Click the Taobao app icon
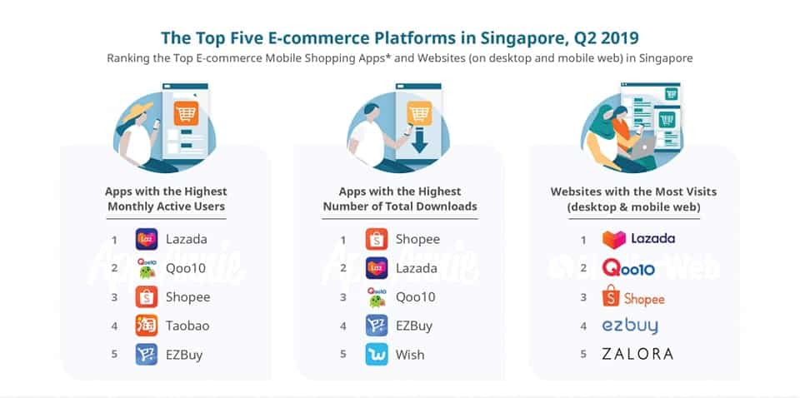147,326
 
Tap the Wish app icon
377,355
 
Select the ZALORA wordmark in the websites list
637,354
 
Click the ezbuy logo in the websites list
630,326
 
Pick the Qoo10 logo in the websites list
628,268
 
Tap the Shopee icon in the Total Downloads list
377,239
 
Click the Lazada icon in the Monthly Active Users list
147,239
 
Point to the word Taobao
187,326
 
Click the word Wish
410,355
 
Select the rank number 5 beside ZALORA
583,354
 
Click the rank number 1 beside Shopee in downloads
342,240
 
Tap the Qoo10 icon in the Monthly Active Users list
147,268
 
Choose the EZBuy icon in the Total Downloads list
377,326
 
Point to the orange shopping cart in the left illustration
186,113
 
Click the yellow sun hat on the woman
136,111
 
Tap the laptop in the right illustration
643,147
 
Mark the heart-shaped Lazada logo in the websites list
614,240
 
